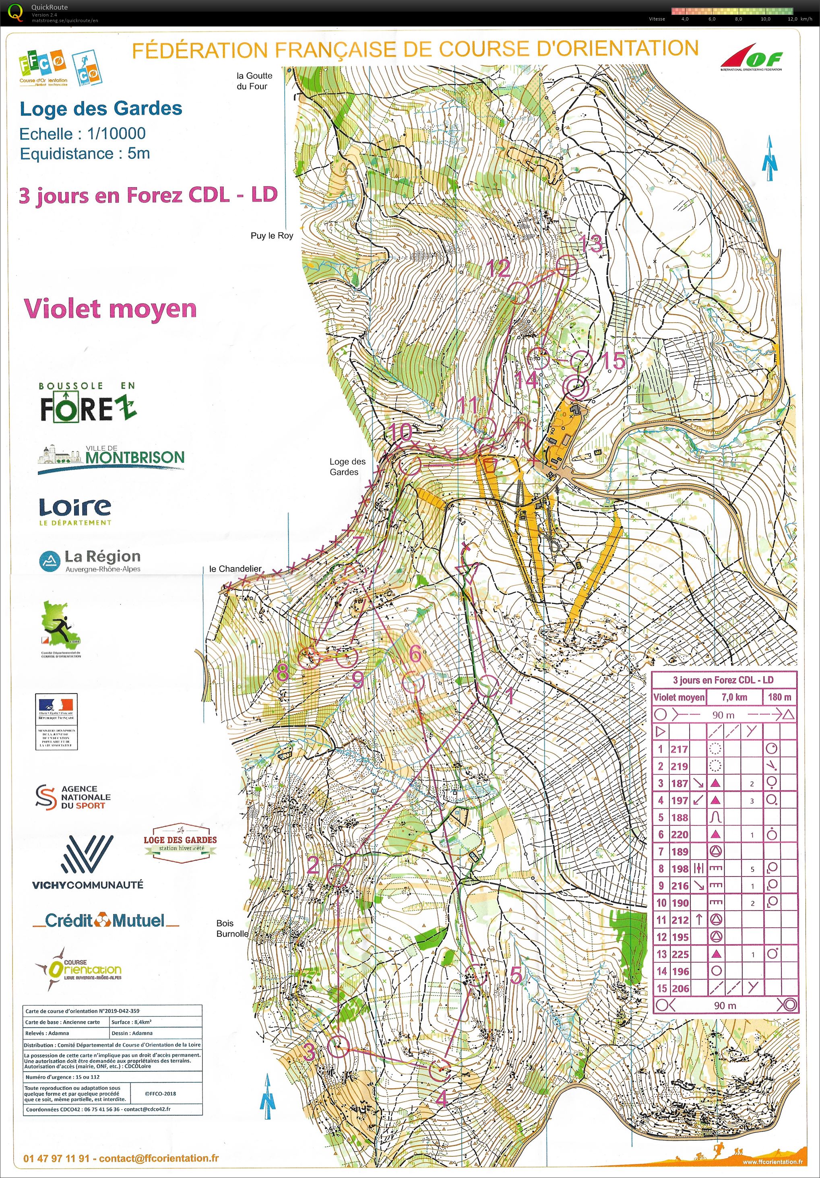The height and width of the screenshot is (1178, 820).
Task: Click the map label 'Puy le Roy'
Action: pyautogui.click(x=271, y=235)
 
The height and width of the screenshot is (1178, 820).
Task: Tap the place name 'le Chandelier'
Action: pyautogui.click(x=235, y=569)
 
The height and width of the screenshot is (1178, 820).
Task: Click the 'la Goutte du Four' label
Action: pyautogui.click(x=254, y=80)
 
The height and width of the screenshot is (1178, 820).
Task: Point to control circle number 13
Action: pyautogui.click(x=567, y=266)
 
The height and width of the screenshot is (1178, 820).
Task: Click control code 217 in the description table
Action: pyautogui.click(x=679, y=749)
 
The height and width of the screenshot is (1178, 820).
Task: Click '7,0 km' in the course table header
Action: pyautogui.click(x=734, y=697)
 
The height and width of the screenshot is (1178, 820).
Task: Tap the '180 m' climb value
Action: pyautogui.click(x=779, y=697)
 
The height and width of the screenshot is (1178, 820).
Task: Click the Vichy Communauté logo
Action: pyautogui.click(x=88, y=862)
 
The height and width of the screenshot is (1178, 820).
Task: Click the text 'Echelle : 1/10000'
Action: pyautogui.click(x=83, y=134)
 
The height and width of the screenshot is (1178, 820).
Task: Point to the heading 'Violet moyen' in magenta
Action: pyautogui.click(x=110, y=308)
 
